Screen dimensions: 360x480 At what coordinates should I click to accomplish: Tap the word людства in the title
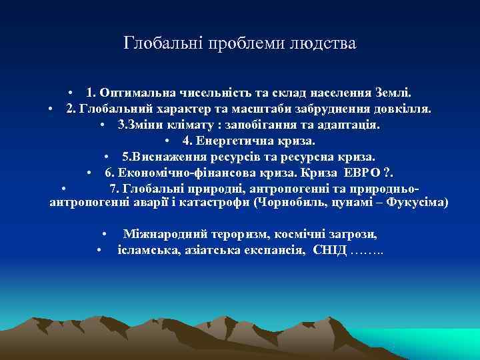pos(323,44)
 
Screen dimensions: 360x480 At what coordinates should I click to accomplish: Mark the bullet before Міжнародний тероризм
pos(105,235)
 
